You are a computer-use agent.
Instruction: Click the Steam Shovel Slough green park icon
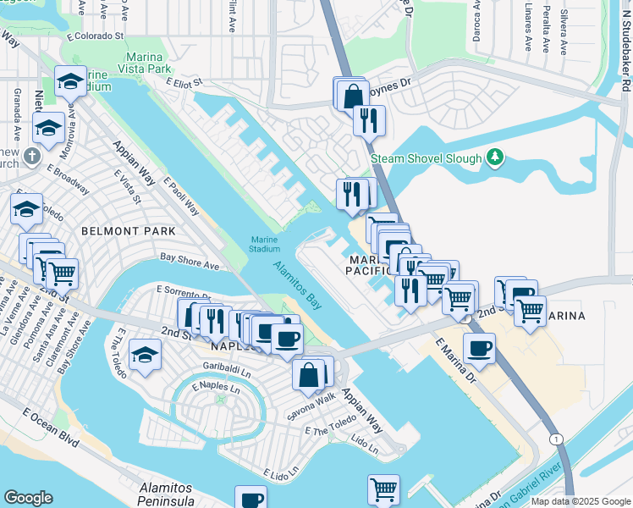[x=496, y=157]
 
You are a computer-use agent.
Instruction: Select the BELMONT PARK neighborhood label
[x=128, y=230]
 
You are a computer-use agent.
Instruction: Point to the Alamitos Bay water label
[x=297, y=284]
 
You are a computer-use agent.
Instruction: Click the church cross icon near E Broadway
[x=31, y=157]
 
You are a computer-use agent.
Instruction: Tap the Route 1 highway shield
[x=556, y=439]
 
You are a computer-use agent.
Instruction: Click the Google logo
[x=28, y=498]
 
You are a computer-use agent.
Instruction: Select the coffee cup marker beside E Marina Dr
[x=479, y=348]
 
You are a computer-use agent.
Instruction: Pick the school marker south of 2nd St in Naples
[x=145, y=356]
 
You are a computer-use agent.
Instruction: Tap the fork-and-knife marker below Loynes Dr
[x=369, y=120]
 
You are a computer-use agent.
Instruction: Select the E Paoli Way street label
[x=181, y=196]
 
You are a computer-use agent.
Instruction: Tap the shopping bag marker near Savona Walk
[x=310, y=373]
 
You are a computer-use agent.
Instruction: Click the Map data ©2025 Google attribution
[x=581, y=501]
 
